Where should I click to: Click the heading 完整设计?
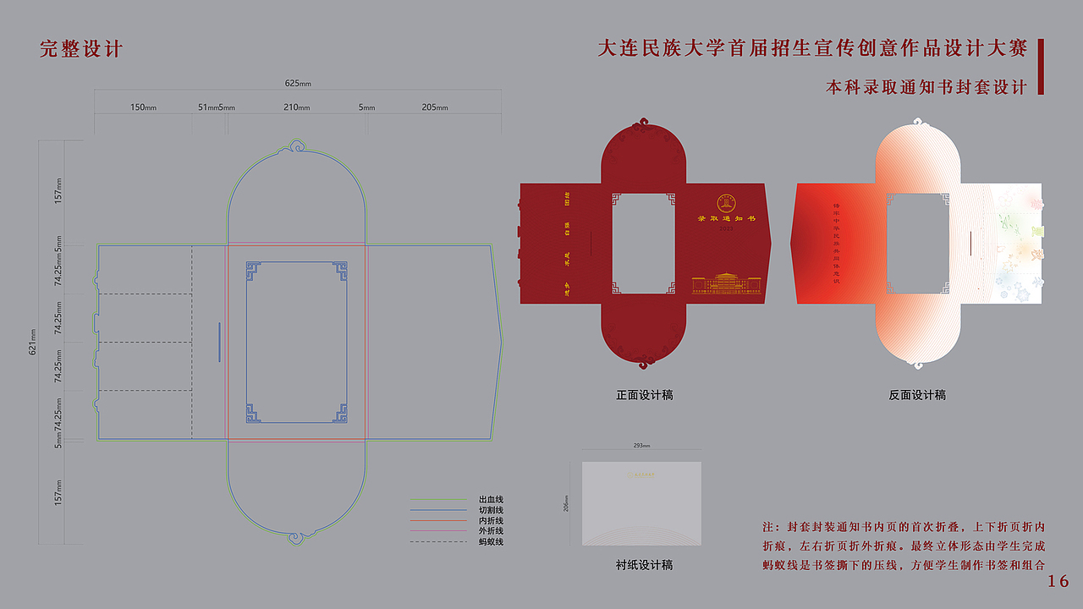tap(81, 49)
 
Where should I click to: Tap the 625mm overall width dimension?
tap(298, 83)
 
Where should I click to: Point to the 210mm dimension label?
tap(297, 107)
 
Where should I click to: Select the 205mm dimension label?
tap(435, 107)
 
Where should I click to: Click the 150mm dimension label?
tap(143, 107)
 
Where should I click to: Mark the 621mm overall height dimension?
tap(32, 341)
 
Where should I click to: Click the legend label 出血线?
tap(491, 500)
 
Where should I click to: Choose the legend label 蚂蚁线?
tap(491, 541)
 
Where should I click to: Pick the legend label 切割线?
tap(491, 510)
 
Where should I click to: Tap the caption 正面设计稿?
tap(645, 395)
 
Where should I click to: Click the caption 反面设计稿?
tap(917, 395)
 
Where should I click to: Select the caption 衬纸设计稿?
tap(645, 565)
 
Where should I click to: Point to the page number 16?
tap(1058, 581)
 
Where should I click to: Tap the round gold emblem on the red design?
tap(727, 203)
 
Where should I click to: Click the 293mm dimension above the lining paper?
tap(641, 445)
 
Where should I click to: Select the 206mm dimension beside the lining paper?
tap(566, 503)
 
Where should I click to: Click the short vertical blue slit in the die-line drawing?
tap(219, 342)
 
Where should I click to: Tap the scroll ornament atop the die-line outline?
tap(297, 146)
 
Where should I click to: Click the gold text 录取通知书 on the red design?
tap(726, 219)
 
